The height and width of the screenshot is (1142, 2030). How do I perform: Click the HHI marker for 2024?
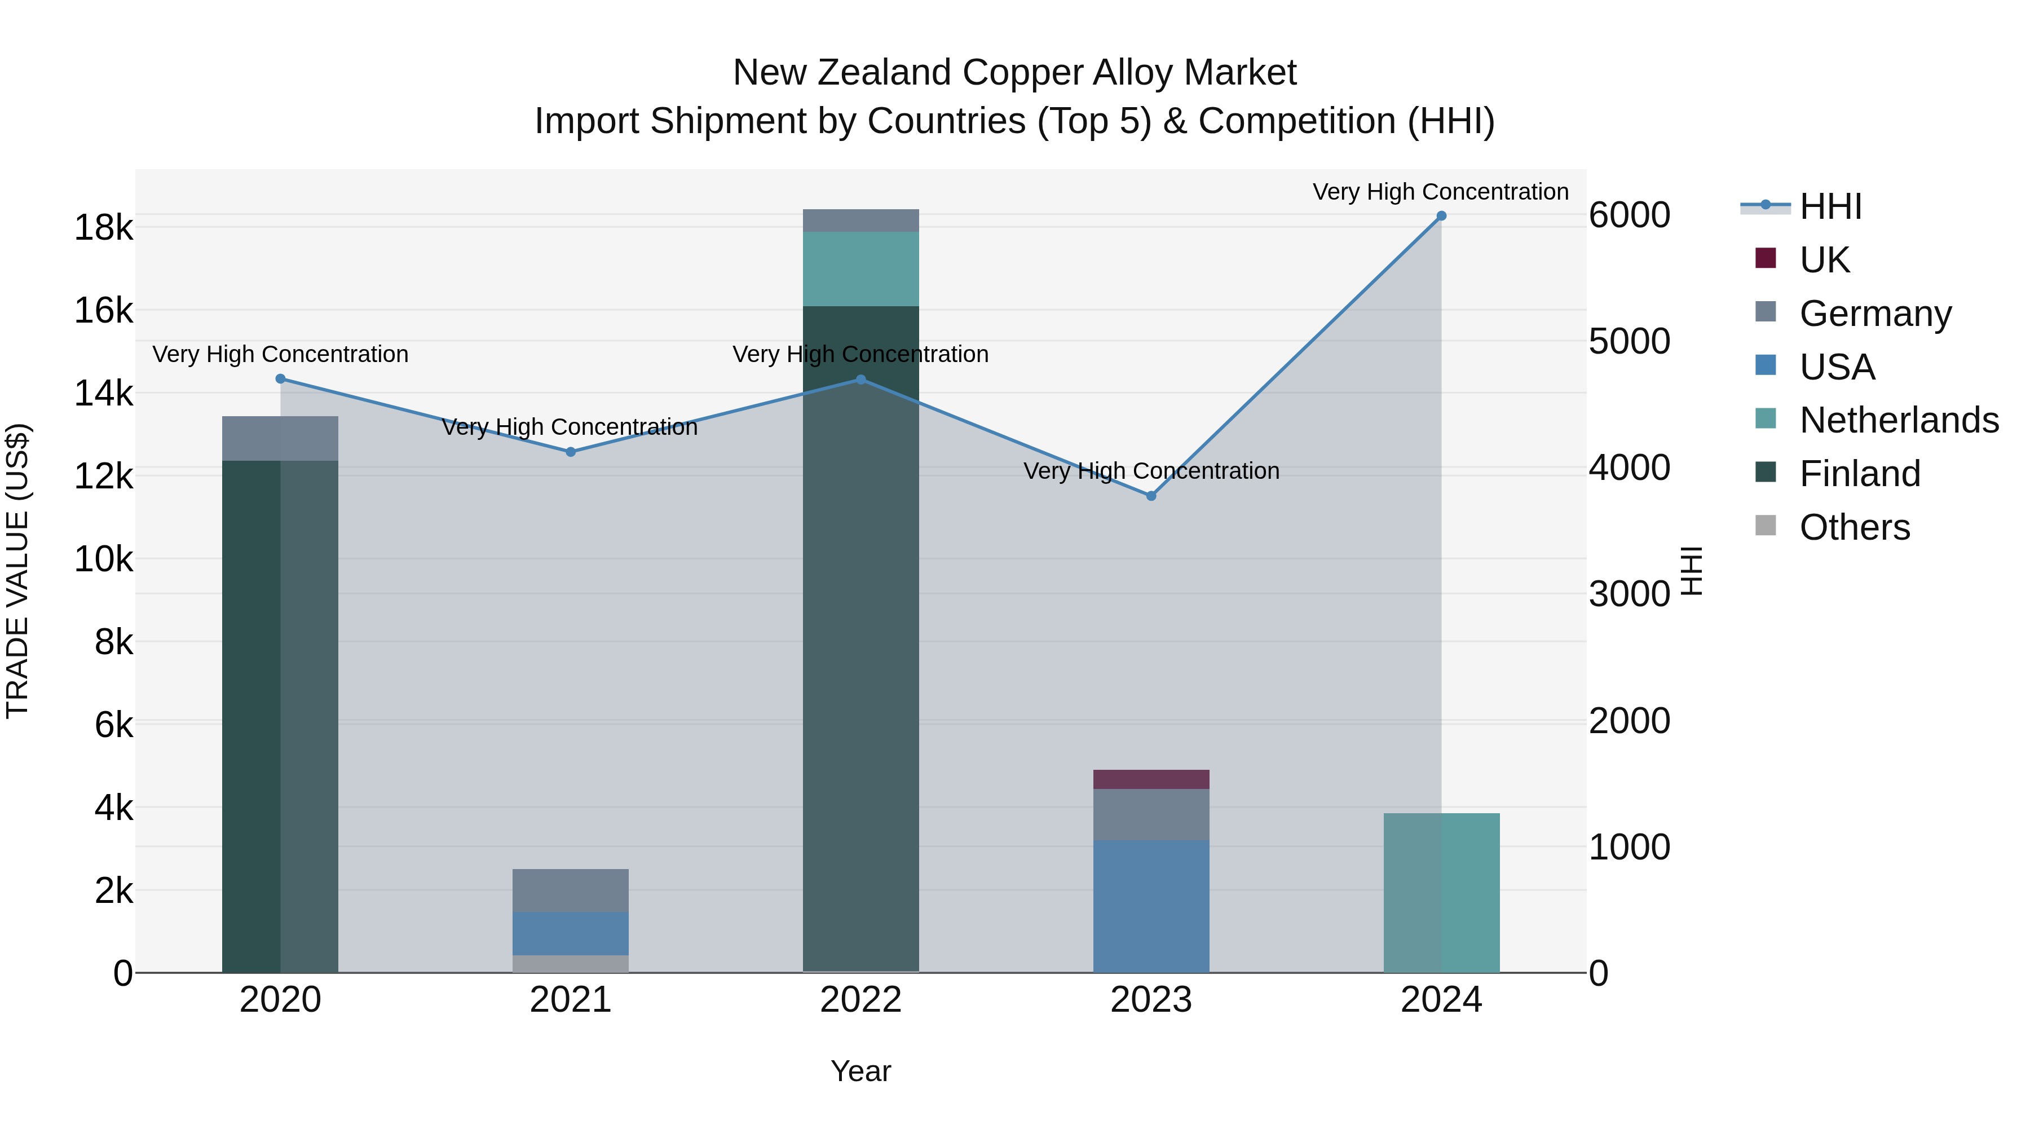pos(1441,216)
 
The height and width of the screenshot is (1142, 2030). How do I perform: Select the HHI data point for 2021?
pos(571,452)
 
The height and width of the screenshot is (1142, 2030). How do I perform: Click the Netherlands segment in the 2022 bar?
pos(860,269)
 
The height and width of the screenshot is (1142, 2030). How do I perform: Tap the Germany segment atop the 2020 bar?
pos(280,438)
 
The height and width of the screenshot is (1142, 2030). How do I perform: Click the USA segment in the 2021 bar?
pos(571,933)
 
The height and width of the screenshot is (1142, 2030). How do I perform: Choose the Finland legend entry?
pos(1859,474)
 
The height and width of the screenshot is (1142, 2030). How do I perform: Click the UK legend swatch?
pos(1766,258)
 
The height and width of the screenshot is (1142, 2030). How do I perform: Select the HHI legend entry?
pos(1830,206)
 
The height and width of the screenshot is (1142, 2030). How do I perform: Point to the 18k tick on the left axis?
pos(103,228)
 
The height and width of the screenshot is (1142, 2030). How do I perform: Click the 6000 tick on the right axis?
pos(1629,215)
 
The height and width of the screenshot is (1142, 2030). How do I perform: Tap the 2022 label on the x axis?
pos(860,1000)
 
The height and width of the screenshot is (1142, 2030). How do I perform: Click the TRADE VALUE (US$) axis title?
pos(17,571)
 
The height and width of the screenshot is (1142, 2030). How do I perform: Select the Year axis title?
pos(860,1071)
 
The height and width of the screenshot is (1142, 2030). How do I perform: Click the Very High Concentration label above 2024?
pos(1441,192)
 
